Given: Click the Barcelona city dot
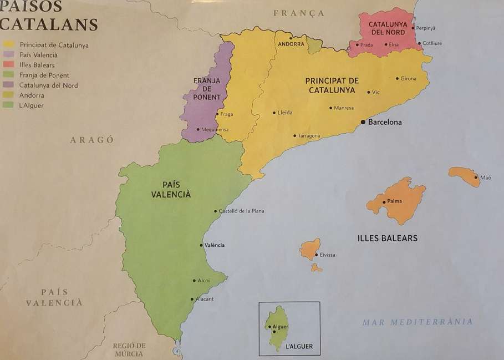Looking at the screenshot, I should [x=363, y=121].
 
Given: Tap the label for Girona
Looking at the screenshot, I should [x=408, y=79].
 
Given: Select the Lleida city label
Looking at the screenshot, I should [x=284, y=113].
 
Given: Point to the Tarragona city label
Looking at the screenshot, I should [x=309, y=136].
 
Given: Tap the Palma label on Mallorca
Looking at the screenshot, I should [x=395, y=201].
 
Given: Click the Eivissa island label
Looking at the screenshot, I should [x=327, y=255].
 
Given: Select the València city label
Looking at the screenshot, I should [x=215, y=245].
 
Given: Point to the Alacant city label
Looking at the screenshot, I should [x=205, y=299].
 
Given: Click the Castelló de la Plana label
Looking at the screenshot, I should [x=242, y=211].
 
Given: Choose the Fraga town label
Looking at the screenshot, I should [x=226, y=114].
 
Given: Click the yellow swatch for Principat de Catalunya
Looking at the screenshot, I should [x=8, y=45].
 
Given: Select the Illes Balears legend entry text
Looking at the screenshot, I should [x=37, y=65].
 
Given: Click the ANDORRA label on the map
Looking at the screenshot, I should [x=291, y=44].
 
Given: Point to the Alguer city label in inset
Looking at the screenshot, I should [x=281, y=327].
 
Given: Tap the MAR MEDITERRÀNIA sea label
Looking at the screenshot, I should [x=418, y=322].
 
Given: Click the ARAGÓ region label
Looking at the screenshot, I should [x=92, y=140].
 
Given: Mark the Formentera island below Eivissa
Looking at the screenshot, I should [x=316, y=268].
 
